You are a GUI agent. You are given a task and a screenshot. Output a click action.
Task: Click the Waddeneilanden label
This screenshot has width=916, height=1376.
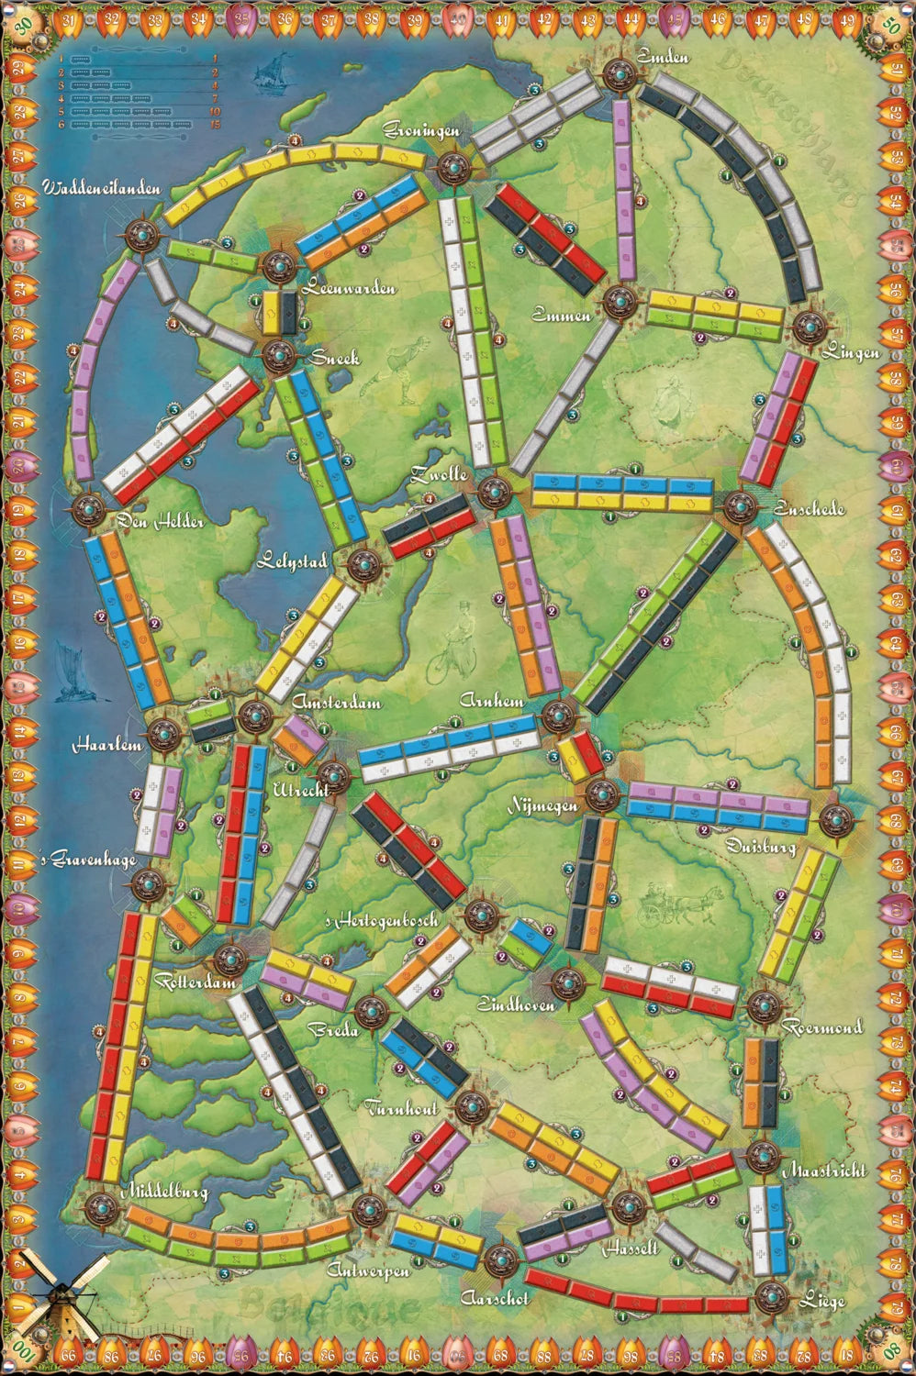click(x=101, y=188)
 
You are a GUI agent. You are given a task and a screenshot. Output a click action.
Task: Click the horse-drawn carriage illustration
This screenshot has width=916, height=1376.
click(x=676, y=904)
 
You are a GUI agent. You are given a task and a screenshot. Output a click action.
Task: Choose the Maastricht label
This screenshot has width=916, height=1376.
click(x=824, y=1171)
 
